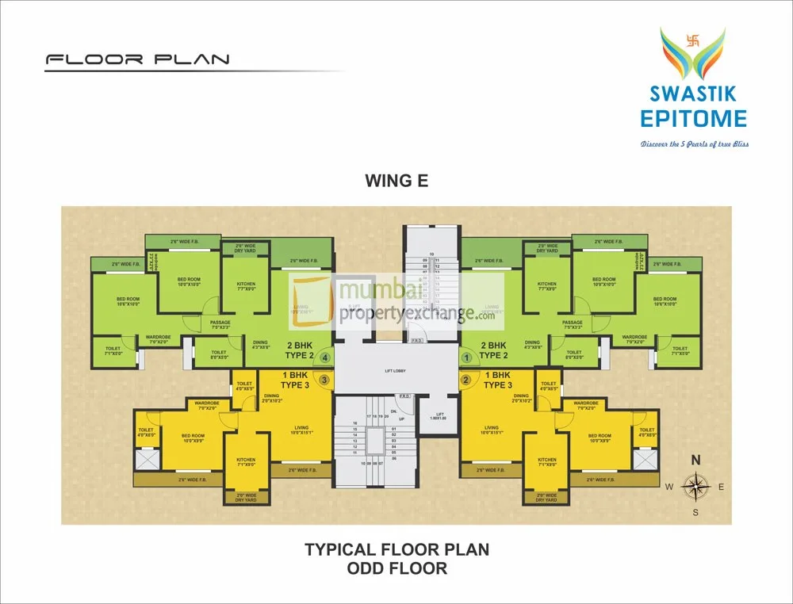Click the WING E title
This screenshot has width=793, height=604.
(x=396, y=180)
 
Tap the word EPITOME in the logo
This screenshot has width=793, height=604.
(x=694, y=119)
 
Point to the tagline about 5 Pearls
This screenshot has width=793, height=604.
(x=695, y=144)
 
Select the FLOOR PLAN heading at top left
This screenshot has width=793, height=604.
(x=137, y=59)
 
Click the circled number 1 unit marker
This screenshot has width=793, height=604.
(x=467, y=357)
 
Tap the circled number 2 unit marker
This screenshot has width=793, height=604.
(x=466, y=380)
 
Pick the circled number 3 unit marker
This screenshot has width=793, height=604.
(x=325, y=380)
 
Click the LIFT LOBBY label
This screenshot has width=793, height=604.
(x=396, y=371)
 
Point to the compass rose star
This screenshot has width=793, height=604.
(x=695, y=487)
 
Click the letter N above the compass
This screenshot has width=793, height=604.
(x=695, y=460)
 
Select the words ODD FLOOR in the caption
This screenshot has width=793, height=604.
(x=396, y=568)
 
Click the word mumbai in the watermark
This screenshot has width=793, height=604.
(x=372, y=293)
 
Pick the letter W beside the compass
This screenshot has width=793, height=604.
(x=669, y=487)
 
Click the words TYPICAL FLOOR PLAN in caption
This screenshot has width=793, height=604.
(x=396, y=549)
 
